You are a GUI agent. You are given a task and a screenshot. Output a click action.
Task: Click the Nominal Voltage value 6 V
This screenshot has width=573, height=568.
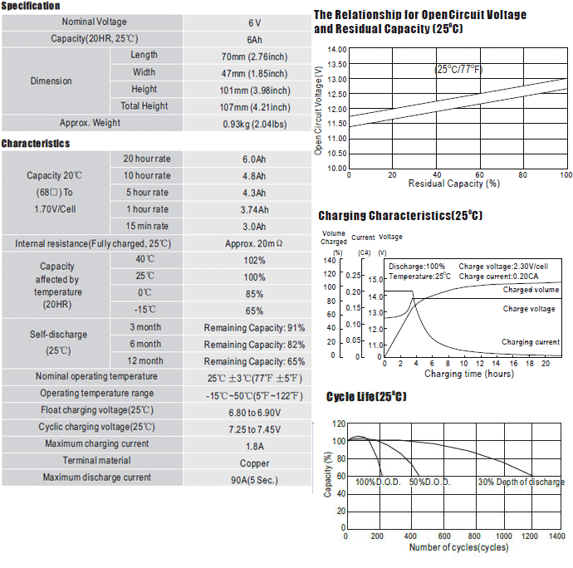(x=254, y=23)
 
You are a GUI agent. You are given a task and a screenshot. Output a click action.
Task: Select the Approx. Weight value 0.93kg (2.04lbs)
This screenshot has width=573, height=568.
(x=255, y=125)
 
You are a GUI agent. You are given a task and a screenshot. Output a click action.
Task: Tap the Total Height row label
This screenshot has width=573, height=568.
(x=144, y=106)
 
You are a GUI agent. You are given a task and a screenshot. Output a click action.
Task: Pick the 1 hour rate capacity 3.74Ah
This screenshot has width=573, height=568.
(x=254, y=210)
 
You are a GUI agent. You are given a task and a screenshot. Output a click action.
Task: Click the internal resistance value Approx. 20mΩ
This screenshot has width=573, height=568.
(x=253, y=243)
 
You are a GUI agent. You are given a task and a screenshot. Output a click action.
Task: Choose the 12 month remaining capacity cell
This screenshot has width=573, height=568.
(x=254, y=361)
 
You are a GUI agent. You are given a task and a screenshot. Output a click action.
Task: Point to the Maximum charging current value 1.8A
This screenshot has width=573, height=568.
(x=255, y=446)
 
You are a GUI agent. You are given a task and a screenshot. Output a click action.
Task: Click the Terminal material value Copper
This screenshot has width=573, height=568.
(x=255, y=463)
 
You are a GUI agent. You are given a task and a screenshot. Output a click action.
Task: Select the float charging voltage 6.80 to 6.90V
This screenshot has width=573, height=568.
(x=255, y=413)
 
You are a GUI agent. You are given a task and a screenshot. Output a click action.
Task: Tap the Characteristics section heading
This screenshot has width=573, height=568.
(x=36, y=144)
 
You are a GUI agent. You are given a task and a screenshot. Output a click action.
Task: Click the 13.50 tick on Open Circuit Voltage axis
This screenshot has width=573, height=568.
(x=337, y=64)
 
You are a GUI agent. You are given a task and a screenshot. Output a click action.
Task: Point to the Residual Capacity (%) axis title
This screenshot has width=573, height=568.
(x=454, y=184)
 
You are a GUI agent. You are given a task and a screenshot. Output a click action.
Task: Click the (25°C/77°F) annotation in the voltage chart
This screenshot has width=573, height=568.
(x=458, y=69)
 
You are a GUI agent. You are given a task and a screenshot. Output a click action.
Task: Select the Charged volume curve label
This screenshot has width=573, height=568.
(x=531, y=290)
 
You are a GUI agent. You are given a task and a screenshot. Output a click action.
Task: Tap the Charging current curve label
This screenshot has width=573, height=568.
(x=531, y=342)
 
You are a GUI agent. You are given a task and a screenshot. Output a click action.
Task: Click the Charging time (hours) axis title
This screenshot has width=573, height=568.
(x=469, y=374)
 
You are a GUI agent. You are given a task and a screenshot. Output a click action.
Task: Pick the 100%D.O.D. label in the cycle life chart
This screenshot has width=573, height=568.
(x=378, y=482)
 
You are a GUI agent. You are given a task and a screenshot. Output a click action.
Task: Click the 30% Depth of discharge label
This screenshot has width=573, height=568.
(x=522, y=482)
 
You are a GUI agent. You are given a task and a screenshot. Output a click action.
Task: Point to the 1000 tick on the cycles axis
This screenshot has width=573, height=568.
(x=503, y=536)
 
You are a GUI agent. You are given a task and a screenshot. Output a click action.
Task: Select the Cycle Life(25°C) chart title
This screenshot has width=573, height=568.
(x=366, y=397)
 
